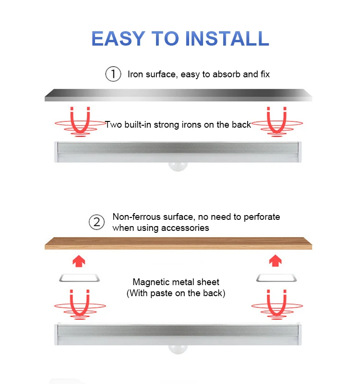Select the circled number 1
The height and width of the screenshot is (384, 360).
113,74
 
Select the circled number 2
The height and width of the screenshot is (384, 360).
97,222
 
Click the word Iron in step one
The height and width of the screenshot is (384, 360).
136,74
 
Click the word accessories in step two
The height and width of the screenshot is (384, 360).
185,228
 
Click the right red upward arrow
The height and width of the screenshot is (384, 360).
275,261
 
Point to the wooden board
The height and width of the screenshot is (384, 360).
178,243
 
